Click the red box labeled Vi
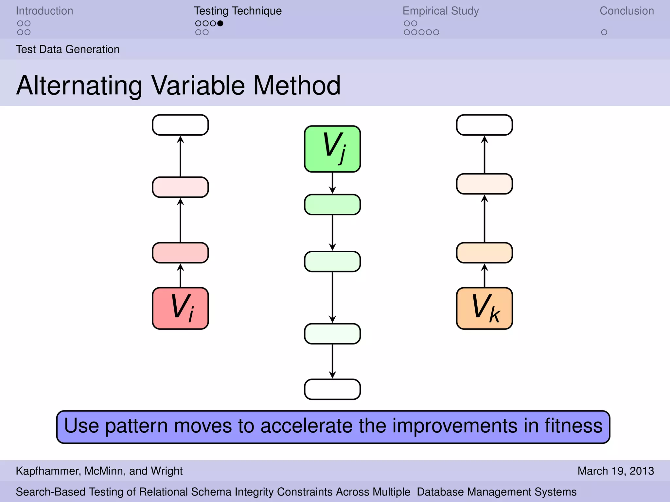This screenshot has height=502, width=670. (x=180, y=308)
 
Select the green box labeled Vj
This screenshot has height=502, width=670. (x=332, y=149)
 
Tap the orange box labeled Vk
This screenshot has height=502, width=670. (x=485, y=308)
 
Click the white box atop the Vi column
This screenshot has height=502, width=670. (x=180, y=125)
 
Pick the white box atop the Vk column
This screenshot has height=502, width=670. (x=485, y=125)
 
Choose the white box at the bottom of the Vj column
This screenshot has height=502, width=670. (x=332, y=389)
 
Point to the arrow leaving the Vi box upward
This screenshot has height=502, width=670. (x=180, y=276)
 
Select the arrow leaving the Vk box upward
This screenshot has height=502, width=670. (x=485, y=276)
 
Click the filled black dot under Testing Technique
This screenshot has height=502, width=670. (x=220, y=24)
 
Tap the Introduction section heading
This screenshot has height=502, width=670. (x=44, y=11)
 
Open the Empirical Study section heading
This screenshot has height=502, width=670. (x=441, y=11)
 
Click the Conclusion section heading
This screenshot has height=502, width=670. (x=626, y=11)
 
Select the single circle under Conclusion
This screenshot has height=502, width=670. (x=604, y=32)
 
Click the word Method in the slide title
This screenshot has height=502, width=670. (x=297, y=86)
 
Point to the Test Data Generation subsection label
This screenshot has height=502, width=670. (x=68, y=49)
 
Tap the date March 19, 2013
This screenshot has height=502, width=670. (x=616, y=471)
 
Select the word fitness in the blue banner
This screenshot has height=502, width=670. (x=573, y=426)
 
